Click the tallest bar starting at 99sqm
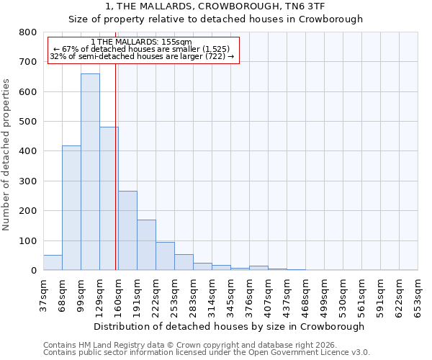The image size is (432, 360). point(90,172)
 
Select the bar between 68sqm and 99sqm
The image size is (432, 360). point(71,208)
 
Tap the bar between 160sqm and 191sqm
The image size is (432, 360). point(127,230)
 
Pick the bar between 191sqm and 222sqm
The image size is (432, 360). point(146,245)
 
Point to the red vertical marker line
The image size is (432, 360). point(115,166)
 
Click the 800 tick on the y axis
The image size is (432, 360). point(28,32)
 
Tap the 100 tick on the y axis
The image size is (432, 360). point(28,240)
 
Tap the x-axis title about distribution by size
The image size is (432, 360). point(230,326)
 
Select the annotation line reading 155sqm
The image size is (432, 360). point(142,42)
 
